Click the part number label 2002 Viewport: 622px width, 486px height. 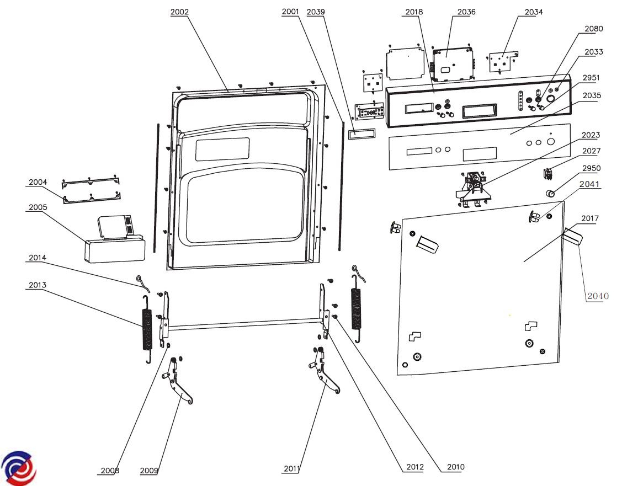pyautogui.click(x=179, y=12)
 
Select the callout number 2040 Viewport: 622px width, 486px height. pyautogui.click(x=598, y=296)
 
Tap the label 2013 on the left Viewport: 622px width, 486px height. pyautogui.click(x=38, y=285)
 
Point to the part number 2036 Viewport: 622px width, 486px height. pyautogui.click(x=466, y=12)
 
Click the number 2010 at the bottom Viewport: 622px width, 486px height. pyautogui.click(x=455, y=467)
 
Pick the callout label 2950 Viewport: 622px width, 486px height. pyautogui.click(x=592, y=168)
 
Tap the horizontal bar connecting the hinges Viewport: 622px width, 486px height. pyautogui.click(x=243, y=324)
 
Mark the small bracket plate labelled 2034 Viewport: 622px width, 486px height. pyautogui.click(x=502, y=62)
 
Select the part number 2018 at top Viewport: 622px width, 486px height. pyautogui.click(x=413, y=12)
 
